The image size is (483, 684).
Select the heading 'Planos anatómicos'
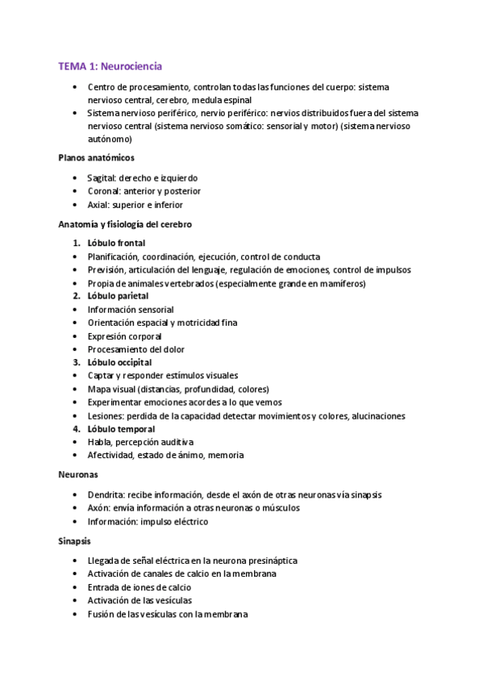pos(97,157)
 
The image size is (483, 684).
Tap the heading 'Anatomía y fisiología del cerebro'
pos(125,223)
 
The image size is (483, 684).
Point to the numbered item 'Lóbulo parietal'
pos(118,296)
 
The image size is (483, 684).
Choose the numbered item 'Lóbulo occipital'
pos(119,362)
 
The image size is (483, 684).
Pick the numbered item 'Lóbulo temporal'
pos(121,428)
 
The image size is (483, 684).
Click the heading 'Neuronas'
pos(78,475)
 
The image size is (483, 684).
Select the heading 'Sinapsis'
pos(75,540)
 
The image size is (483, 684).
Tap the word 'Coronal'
pos(104,191)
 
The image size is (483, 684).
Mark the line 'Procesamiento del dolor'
pos(135,349)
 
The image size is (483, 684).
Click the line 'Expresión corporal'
pos(124,336)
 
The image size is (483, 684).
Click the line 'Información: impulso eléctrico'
pos(148,521)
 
